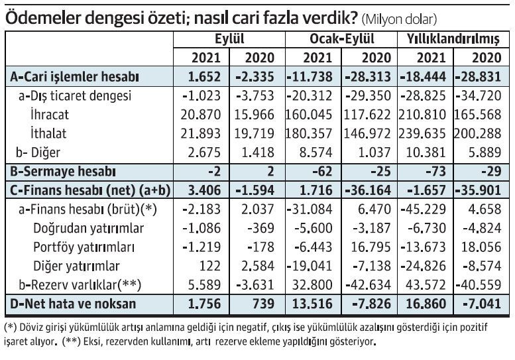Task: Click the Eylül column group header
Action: pos(229,39)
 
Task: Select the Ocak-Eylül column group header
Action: pos(341,39)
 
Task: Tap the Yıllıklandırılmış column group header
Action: pos(454,39)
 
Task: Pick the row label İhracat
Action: pos(49,115)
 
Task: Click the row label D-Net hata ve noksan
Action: pos(73,304)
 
